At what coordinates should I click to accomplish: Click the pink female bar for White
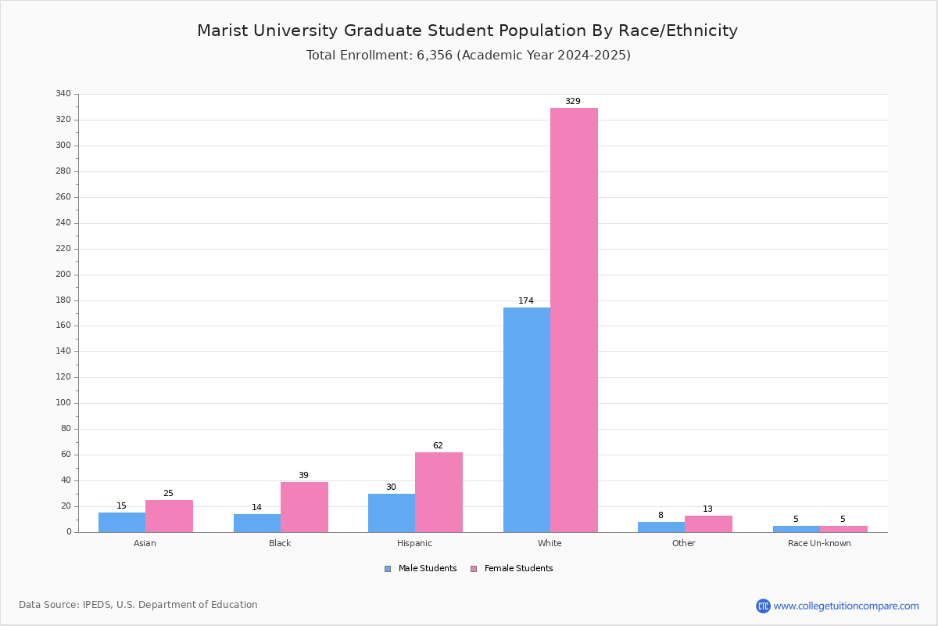tap(574, 320)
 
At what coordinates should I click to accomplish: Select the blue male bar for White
tap(527, 419)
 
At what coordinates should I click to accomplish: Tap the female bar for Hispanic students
tap(439, 492)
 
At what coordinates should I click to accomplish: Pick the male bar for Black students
tap(257, 523)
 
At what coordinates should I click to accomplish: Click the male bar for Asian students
tap(122, 523)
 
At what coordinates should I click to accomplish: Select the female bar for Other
tap(708, 524)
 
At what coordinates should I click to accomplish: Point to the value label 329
tap(573, 101)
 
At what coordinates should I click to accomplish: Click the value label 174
tap(526, 300)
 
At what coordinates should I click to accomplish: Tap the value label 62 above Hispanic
tap(438, 445)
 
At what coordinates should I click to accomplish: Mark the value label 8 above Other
tap(661, 515)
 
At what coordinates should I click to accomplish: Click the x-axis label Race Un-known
tap(819, 543)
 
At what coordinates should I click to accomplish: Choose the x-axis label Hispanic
tap(414, 543)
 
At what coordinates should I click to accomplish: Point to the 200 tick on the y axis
tap(63, 275)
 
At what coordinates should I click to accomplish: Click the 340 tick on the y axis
tap(63, 93)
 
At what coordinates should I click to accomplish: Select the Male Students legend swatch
tap(388, 569)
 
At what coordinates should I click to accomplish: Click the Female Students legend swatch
tap(474, 569)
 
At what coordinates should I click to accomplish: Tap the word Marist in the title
tap(222, 31)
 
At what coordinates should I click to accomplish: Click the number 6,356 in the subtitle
tap(435, 56)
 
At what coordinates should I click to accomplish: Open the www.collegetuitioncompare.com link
tap(847, 606)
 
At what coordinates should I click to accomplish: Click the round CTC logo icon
tap(763, 606)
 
